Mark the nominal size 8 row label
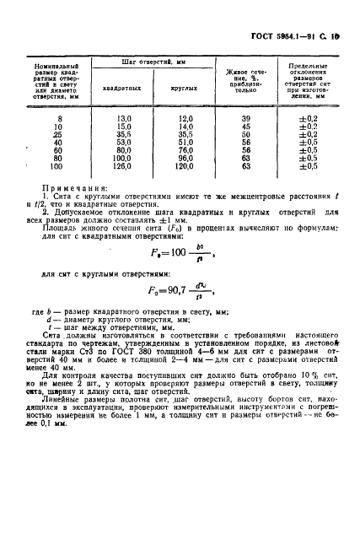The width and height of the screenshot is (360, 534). click(x=59, y=119)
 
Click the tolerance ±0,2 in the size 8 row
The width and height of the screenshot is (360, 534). click(x=307, y=119)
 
